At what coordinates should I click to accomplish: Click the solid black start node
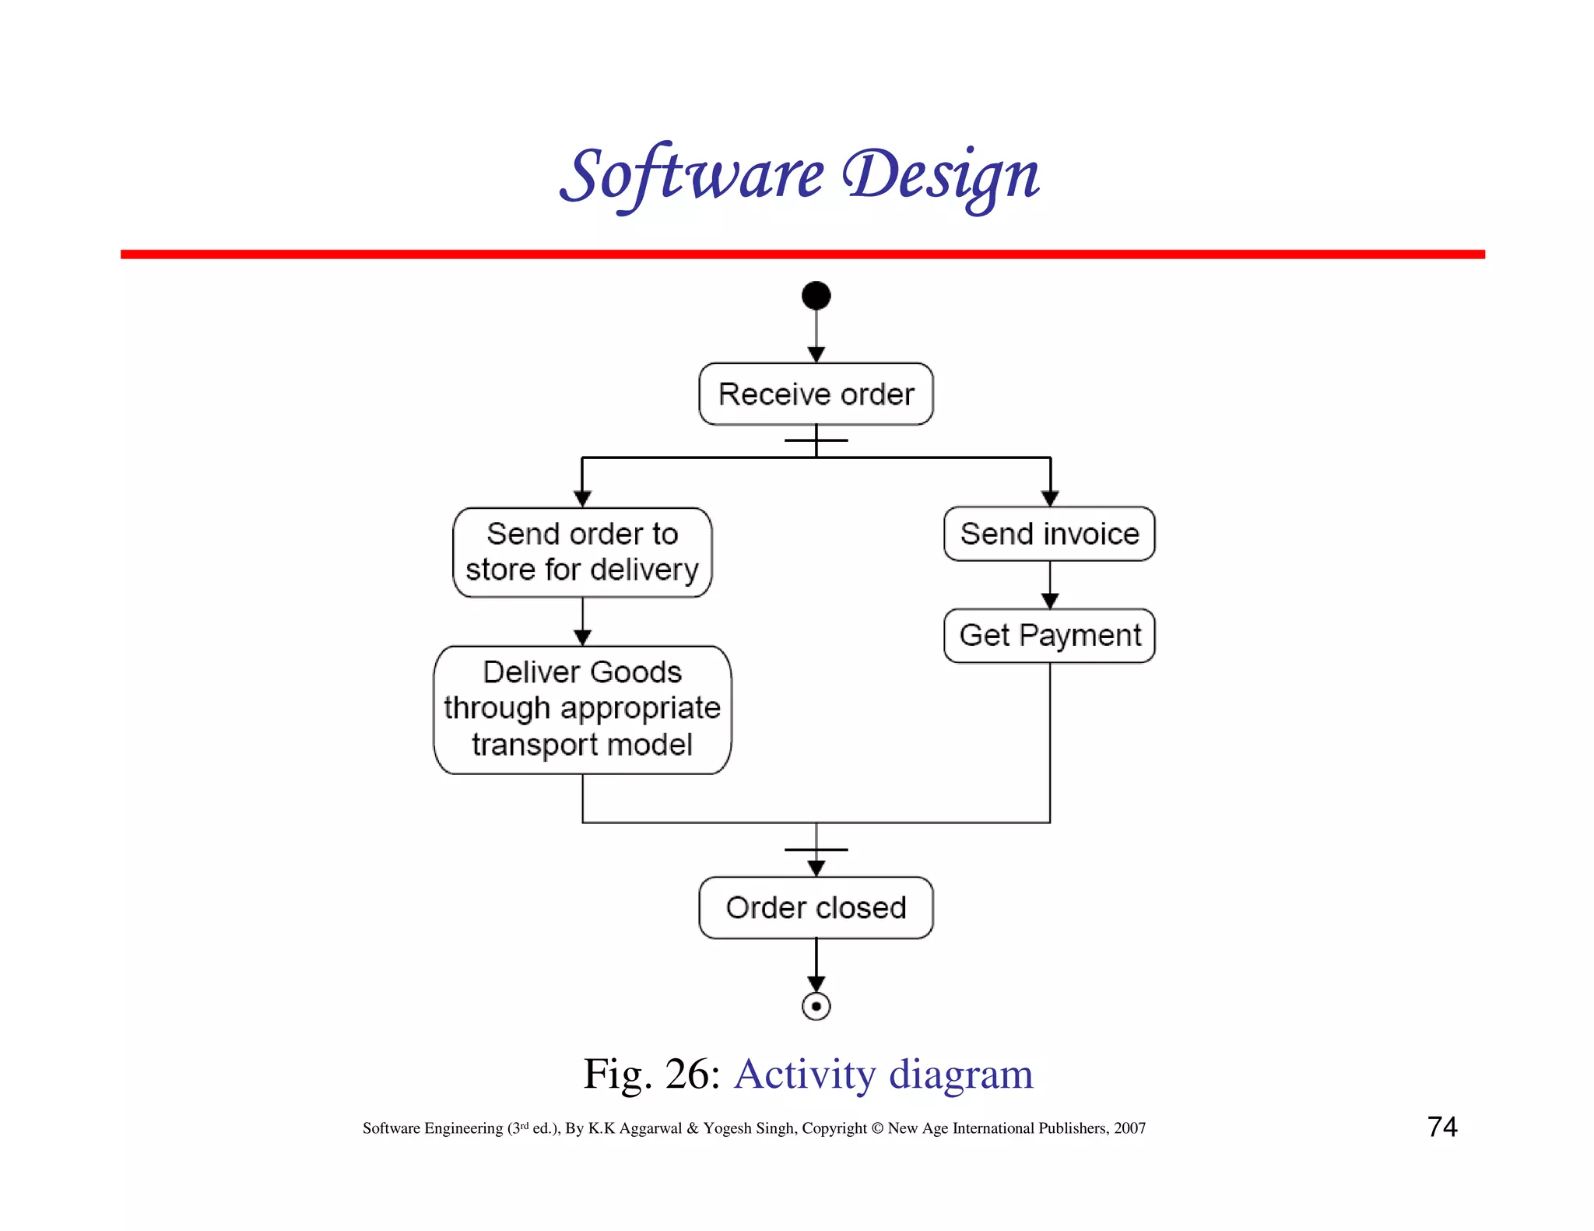[x=816, y=296]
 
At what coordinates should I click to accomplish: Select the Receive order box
[x=816, y=394]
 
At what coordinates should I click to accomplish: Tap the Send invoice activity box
[x=1049, y=534]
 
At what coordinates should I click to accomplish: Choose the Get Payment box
[x=1049, y=636]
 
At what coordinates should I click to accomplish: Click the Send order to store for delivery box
[x=582, y=552]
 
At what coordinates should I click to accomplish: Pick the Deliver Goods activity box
[x=582, y=709]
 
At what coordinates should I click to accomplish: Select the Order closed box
[x=816, y=907]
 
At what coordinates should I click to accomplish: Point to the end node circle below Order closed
[x=816, y=1006]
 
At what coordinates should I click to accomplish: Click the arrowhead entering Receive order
[x=816, y=355]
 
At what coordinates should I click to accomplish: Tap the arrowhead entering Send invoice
[x=1050, y=499]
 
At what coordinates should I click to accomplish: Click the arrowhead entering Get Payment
[x=1050, y=601]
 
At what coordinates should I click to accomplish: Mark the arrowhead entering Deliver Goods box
[x=582, y=638]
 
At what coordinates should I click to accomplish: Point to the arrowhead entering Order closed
[x=816, y=868]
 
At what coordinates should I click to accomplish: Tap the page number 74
[x=1442, y=1127]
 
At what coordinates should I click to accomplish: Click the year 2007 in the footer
[x=1129, y=1128]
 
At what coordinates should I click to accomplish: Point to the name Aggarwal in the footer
[x=650, y=1128]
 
